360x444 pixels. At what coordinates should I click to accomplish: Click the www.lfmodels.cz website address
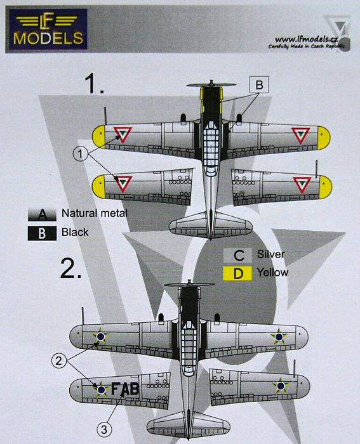306,39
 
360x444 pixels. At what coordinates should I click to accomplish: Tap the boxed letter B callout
259,84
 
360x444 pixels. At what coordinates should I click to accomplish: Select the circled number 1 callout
81,154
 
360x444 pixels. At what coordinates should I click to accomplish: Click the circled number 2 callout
58,361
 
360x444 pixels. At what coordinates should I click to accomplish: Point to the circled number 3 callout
104,429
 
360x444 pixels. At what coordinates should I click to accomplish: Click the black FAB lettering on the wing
125,389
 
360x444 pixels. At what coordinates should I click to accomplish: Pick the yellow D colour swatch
237,273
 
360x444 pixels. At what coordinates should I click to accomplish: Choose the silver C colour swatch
237,255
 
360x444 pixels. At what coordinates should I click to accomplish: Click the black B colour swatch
42,233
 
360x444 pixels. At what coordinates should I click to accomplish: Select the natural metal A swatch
42,214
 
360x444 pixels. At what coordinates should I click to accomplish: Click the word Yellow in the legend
272,272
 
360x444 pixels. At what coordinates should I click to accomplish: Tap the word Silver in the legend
270,254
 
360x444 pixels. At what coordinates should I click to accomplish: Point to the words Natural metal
95,213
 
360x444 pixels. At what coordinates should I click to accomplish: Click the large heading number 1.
94,84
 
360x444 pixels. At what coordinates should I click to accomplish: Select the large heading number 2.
71,268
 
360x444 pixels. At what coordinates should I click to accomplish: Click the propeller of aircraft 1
211,84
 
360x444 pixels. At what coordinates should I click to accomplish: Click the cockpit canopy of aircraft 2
189,348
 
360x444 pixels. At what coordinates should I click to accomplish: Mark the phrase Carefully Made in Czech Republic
307,46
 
